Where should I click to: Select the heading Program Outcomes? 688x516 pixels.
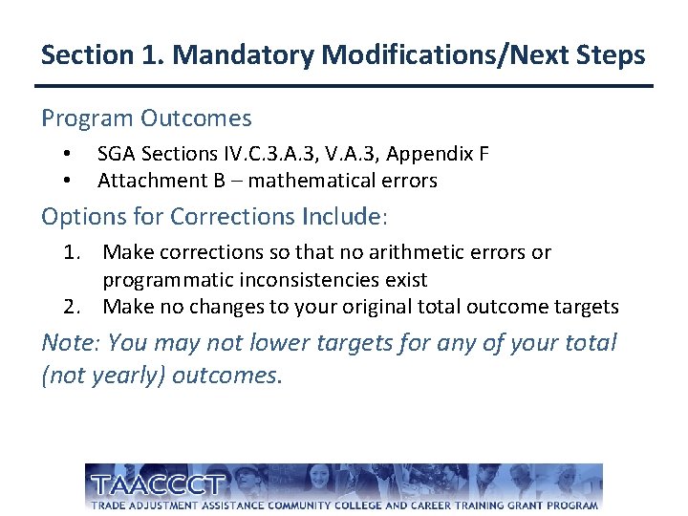pyautogui.click(x=146, y=118)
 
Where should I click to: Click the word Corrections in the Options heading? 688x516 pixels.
pyautogui.click(x=232, y=217)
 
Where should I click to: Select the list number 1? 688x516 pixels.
pyautogui.click(x=71, y=253)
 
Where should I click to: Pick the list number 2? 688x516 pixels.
pyautogui.click(x=71, y=308)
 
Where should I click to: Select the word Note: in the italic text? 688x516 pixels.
pyautogui.click(x=72, y=342)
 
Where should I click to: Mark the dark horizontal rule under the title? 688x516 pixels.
pyautogui.click(x=344, y=86)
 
